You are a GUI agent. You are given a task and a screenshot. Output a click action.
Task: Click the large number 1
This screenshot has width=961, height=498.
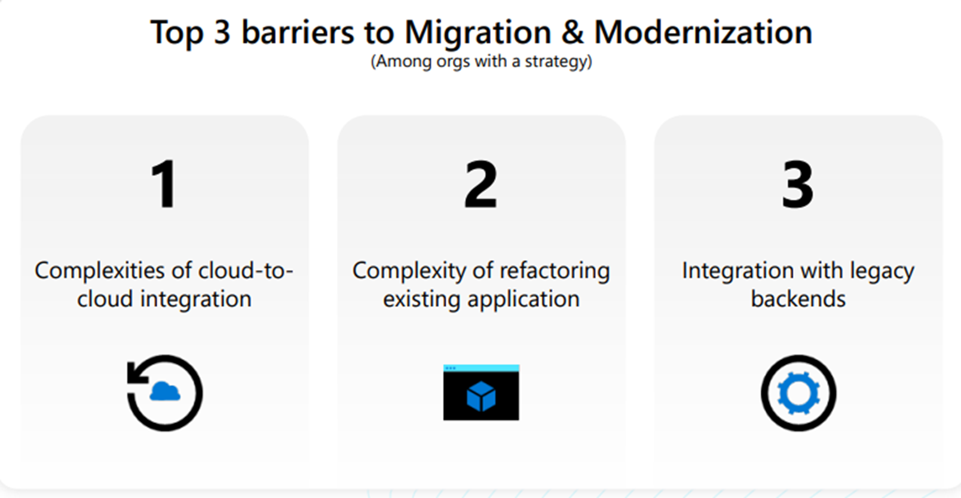pos(164,184)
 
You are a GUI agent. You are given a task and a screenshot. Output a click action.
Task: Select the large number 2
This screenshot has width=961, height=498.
pos(481,184)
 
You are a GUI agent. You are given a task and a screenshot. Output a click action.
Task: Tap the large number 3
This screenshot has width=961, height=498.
pos(797,184)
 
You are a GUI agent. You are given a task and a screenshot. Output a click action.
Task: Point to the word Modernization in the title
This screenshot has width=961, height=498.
pos(703,32)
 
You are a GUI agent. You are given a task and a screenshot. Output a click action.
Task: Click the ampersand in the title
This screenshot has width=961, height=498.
pos(573,32)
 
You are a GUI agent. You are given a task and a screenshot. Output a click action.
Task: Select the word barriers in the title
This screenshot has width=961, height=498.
pos(298,32)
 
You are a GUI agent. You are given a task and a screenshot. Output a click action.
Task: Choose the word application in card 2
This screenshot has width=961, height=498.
pos(524,300)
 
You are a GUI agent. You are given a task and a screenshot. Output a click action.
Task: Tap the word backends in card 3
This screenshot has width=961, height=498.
pos(798,299)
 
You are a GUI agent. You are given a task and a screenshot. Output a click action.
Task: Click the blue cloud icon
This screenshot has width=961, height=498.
pos(165,391)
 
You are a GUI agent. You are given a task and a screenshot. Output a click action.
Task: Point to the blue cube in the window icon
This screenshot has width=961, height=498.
pos(481,396)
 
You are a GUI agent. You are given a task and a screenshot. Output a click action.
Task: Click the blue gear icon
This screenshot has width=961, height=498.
pos(798,393)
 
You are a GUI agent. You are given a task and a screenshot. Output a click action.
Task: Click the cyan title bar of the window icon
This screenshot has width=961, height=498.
pos(481,368)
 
